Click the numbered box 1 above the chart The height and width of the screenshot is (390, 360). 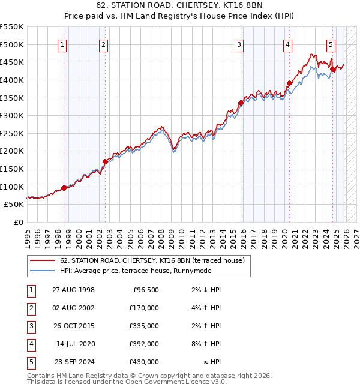[x=63, y=44]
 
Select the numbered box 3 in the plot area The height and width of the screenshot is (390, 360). [x=239, y=44]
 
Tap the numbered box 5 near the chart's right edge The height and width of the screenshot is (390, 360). [x=331, y=44]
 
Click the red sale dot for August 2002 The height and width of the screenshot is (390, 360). [x=104, y=161]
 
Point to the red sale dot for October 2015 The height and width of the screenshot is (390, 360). [x=241, y=103]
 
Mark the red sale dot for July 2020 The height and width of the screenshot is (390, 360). [x=289, y=83]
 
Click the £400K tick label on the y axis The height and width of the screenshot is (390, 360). [x=12, y=80]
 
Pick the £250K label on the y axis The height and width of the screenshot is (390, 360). [x=12, y=133]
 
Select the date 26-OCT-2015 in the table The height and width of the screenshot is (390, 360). [x=73, y=326]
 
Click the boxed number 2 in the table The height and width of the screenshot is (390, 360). [x=30, y=308]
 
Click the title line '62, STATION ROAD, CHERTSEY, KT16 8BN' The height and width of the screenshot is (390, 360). [x=180, y=6]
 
